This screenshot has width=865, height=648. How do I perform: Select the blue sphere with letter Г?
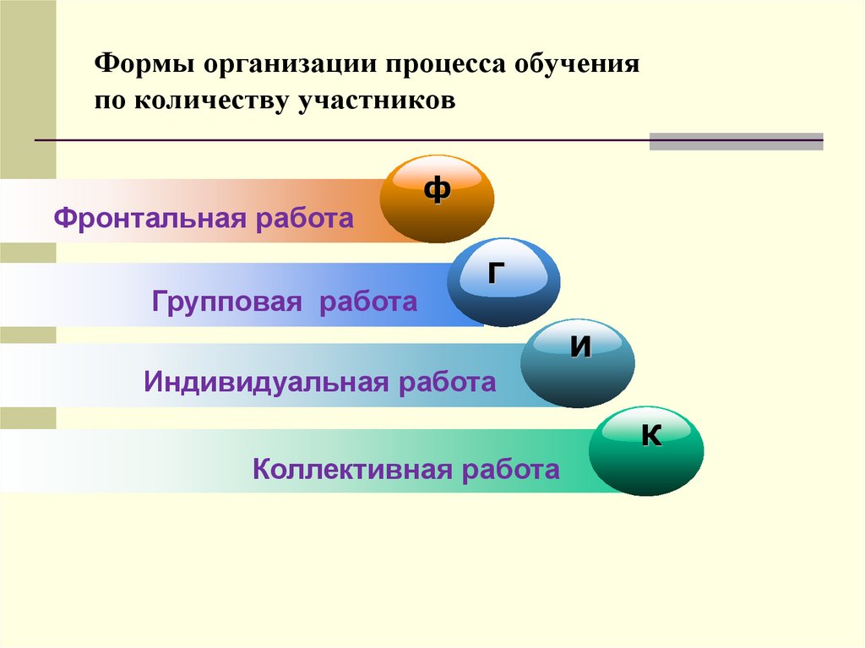click(x=503, y=281)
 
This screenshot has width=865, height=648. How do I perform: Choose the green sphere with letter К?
click(x=646, y=450)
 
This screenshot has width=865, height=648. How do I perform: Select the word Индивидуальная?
click(x=260, y=382)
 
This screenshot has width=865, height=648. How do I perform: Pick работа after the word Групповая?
click(x=368, y=302)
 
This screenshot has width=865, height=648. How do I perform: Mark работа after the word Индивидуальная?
click(x=447, y=382)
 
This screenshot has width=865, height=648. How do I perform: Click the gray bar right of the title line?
click(x=736, y=141)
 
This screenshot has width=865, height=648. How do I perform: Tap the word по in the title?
click(x=107, y=101)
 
